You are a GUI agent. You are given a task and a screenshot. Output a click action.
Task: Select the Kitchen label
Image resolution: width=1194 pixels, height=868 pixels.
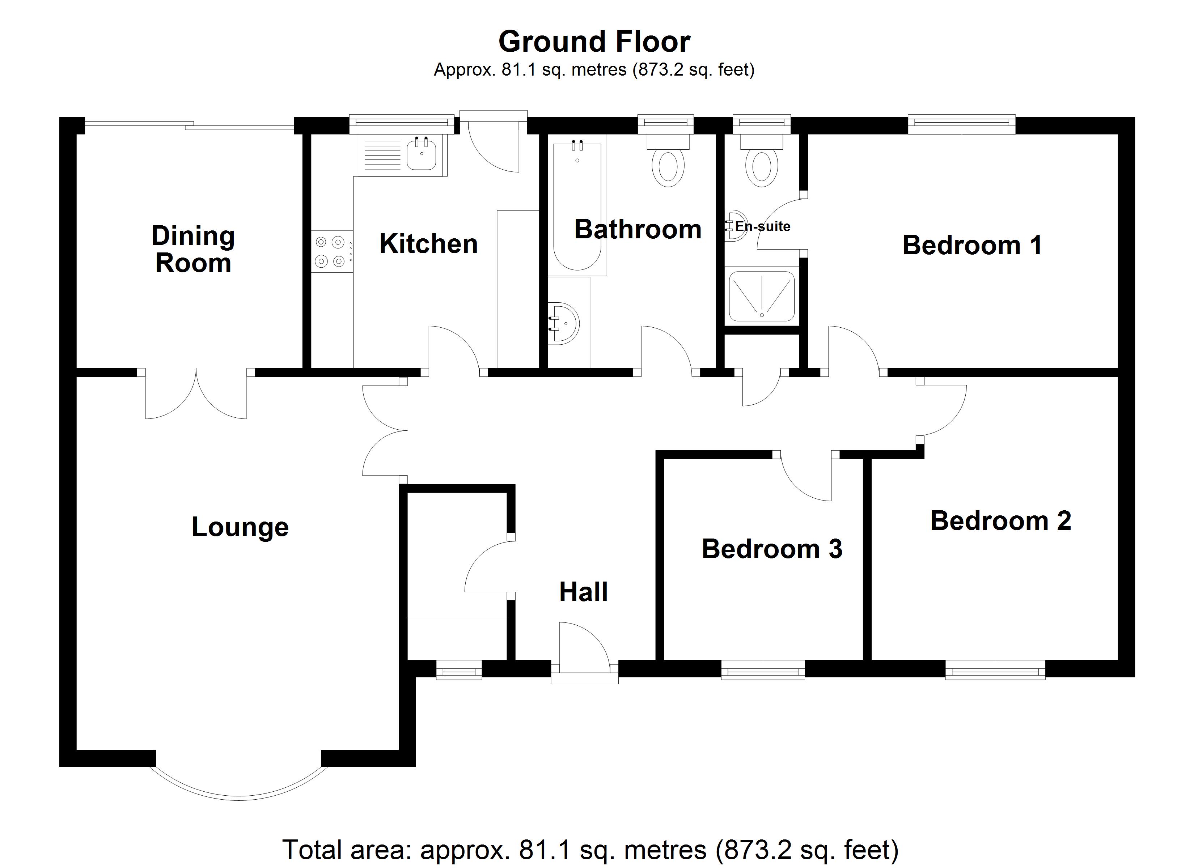428,244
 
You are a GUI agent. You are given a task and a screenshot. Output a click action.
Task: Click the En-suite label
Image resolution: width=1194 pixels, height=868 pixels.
762,226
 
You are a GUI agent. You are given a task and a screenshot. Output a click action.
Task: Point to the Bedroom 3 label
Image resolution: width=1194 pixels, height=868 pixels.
772,549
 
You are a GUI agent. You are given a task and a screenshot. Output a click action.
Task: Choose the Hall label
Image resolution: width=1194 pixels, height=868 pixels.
583,592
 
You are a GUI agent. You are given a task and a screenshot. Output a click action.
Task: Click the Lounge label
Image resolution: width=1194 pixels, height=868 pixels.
240,527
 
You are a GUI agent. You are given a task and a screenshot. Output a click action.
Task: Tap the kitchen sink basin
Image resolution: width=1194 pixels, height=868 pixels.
421,155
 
